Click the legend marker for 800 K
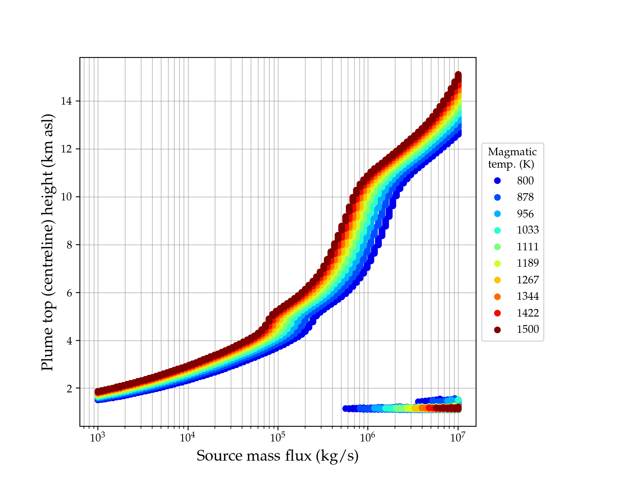(497, 181)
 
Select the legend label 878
(525, 197)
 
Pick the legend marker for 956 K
(497, 214)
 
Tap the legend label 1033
(528, 230)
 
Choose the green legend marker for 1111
(497, 247)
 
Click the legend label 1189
(528, 263)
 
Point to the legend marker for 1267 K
(497, 280)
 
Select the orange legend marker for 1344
(497, 297)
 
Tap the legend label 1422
(528, 313)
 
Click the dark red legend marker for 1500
(497, 330)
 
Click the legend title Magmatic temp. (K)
(512, 158)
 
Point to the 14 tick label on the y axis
(66, 101)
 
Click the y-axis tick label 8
(69, 245)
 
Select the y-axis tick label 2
(69, 388)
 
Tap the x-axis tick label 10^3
(97, 437)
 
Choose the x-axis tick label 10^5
(278, 437)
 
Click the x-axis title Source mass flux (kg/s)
(278, 456)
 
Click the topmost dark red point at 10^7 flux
(458, 75)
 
